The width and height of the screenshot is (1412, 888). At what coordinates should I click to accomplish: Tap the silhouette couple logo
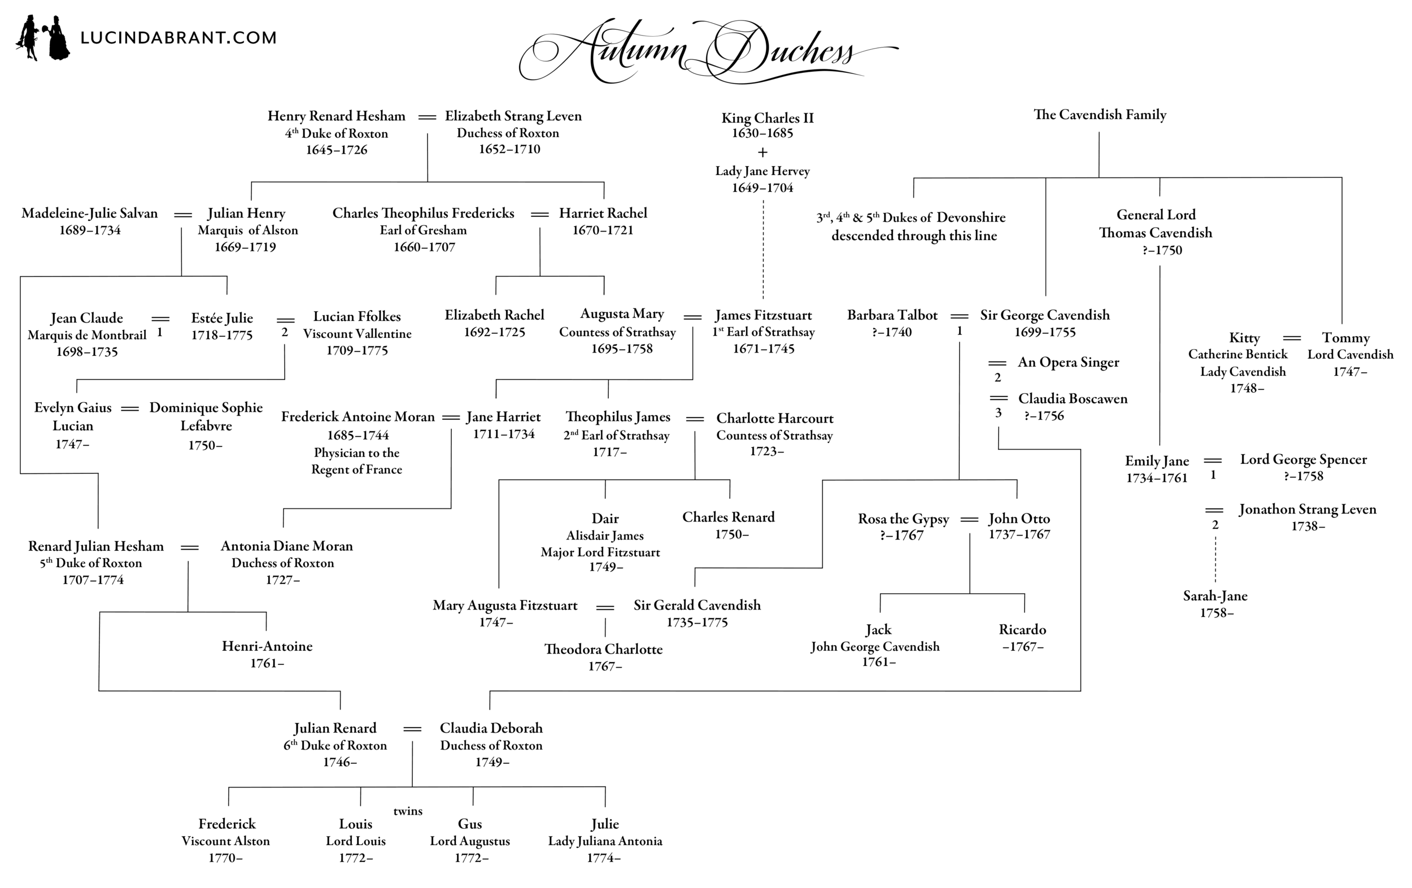pos(43,38)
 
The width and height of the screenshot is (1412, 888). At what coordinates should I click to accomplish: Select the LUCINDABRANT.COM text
pos(178,38)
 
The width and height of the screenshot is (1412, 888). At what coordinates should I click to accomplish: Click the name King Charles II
pos(767,118)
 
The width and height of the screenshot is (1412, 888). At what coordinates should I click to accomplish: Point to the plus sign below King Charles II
pos(762,153)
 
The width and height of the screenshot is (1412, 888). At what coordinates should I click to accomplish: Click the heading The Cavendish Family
pos(1100,114)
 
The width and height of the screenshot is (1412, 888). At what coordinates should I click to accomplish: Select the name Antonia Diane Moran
pos(287,546)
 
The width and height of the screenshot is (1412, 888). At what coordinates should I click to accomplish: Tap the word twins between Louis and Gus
pos(408,811)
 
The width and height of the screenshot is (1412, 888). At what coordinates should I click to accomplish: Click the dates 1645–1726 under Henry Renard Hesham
pos(337,150)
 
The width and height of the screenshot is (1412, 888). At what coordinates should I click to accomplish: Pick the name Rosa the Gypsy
pos(903,519)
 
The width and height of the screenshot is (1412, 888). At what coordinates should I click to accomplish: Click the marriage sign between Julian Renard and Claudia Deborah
pos(412,729)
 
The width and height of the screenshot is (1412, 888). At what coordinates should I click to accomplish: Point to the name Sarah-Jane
pos(1215,596)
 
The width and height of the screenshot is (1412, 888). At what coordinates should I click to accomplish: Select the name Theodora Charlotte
pos(603,649)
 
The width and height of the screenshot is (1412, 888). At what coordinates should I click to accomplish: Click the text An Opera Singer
pos(1069,363)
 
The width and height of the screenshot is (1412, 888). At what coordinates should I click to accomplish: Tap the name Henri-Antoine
pos(267,646)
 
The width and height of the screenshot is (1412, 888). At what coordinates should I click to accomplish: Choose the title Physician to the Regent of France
pos(356,461)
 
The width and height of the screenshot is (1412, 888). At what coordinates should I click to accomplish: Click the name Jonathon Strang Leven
pos(1308,510)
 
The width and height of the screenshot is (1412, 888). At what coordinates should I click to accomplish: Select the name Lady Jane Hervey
pos(762,171)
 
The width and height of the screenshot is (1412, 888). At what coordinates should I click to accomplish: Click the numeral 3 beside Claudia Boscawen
pos(998,413)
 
